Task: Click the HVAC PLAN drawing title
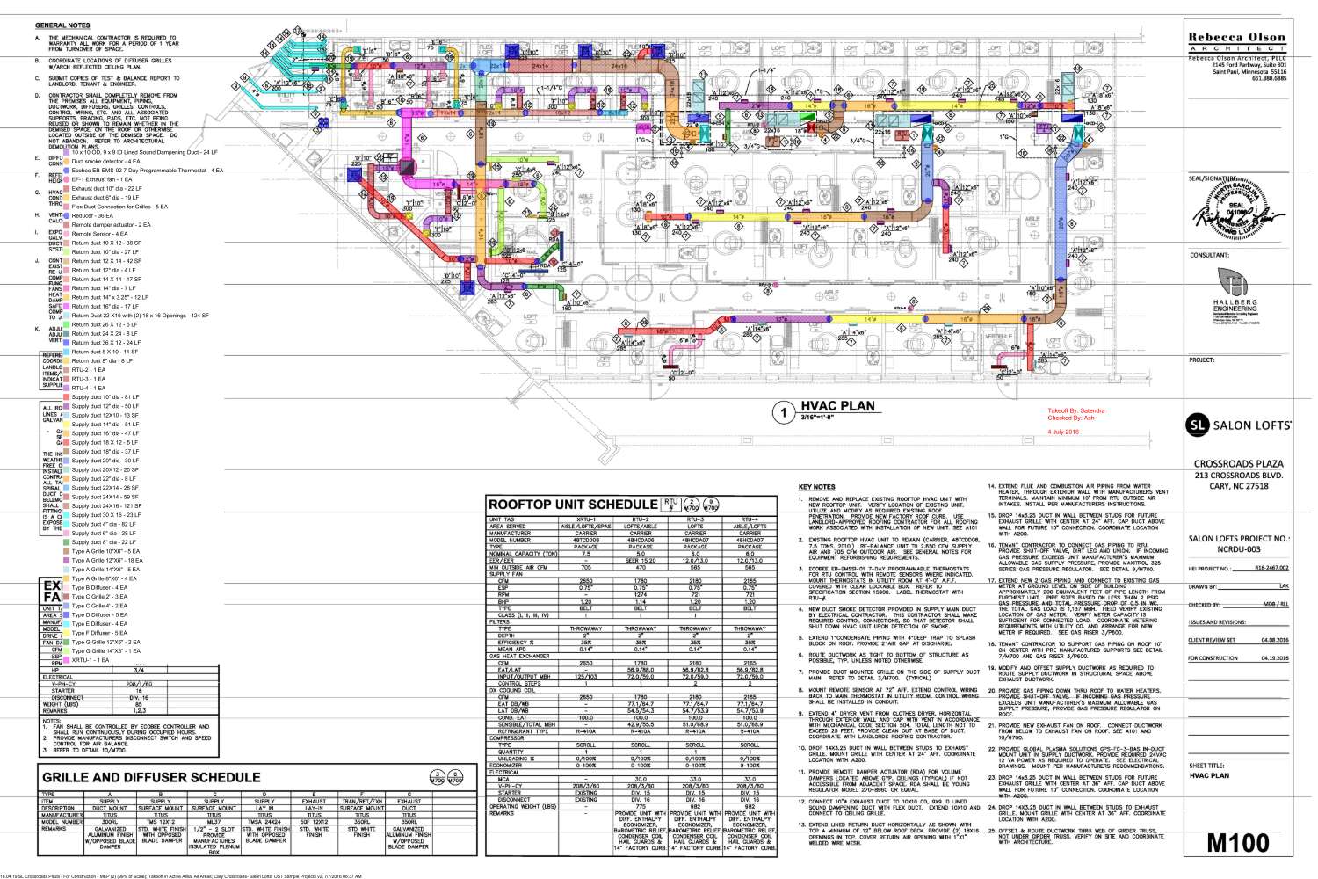coord(837,406)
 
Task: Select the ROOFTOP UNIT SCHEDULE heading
coord(572,505)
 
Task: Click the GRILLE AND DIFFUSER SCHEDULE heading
coord(151,777)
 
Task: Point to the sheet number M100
coord(1237,842)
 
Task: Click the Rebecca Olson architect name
coord(1236,38)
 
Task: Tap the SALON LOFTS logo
coord(1239,425)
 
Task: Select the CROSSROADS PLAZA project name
coord(1238,463)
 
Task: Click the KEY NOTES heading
coord(816,487)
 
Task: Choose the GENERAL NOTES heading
coord(62,25)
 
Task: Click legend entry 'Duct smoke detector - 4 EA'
coord(105,162)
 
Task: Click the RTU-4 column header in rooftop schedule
coord(750,519)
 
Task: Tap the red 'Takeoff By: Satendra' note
coord(1075,410)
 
